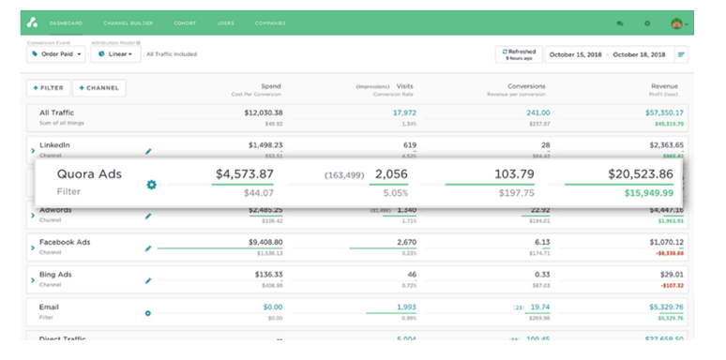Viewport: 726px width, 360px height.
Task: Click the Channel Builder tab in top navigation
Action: click(129, 22)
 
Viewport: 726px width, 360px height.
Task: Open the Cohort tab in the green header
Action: click(185, 22)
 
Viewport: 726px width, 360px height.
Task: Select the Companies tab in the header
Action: click(270, 22)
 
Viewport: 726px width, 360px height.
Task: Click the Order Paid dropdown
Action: click(55, 54)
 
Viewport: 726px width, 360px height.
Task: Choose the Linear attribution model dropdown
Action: click(115, 54)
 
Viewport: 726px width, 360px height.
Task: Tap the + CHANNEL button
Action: click(98, 87)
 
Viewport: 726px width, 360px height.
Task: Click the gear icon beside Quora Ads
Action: click(152, 184)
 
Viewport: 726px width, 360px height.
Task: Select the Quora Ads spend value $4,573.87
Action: click(244, 174)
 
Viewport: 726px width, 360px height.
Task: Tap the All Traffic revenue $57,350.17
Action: click(660, 112)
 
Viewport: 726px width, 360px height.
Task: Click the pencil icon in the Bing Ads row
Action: click(147, 279)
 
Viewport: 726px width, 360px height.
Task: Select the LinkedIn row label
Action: click(54, 145)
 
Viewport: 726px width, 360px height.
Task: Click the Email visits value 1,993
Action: click(405, 307)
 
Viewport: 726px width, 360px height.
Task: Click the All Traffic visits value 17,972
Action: click(404, 112)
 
